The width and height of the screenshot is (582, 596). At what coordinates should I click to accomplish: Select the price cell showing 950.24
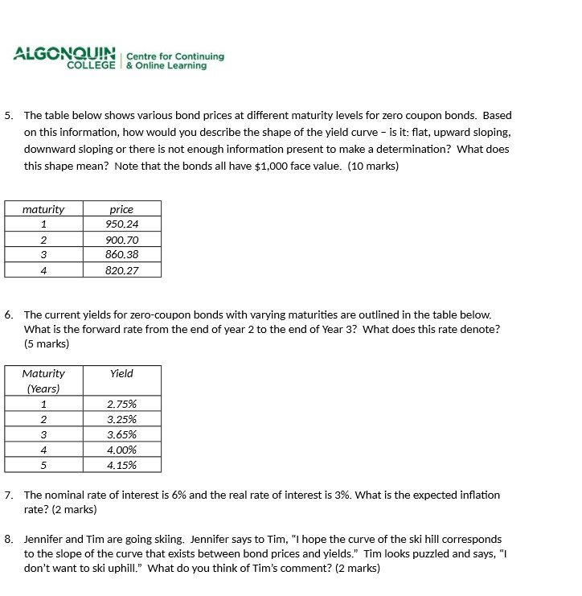(x=121, y=224)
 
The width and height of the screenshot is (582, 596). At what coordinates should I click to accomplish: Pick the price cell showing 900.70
(x=121, y=240)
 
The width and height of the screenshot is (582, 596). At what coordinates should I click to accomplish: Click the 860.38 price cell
(x=121, y=254)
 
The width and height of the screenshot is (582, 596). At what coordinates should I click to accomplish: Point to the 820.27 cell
(x=121, y=270)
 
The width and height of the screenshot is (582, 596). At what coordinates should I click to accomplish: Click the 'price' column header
(x=121, y=209)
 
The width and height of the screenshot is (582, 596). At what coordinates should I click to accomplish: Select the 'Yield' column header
(x=121, y=374)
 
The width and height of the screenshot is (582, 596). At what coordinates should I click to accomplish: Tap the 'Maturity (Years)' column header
(x=43, y=381)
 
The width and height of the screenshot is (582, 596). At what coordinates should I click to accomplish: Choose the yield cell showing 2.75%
(x=121, y=405)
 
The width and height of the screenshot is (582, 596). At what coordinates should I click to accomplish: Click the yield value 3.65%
(x=121, y=434)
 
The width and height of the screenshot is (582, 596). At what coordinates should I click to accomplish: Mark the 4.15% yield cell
(x=121, y=465)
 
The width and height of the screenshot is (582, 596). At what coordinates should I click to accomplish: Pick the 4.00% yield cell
(x=121, y=450)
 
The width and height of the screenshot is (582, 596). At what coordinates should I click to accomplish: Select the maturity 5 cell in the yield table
(x=43, y=465)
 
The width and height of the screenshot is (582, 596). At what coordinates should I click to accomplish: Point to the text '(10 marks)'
(x=373, y=166)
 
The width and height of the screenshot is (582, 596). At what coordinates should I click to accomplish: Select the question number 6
(x=8, y=315)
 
